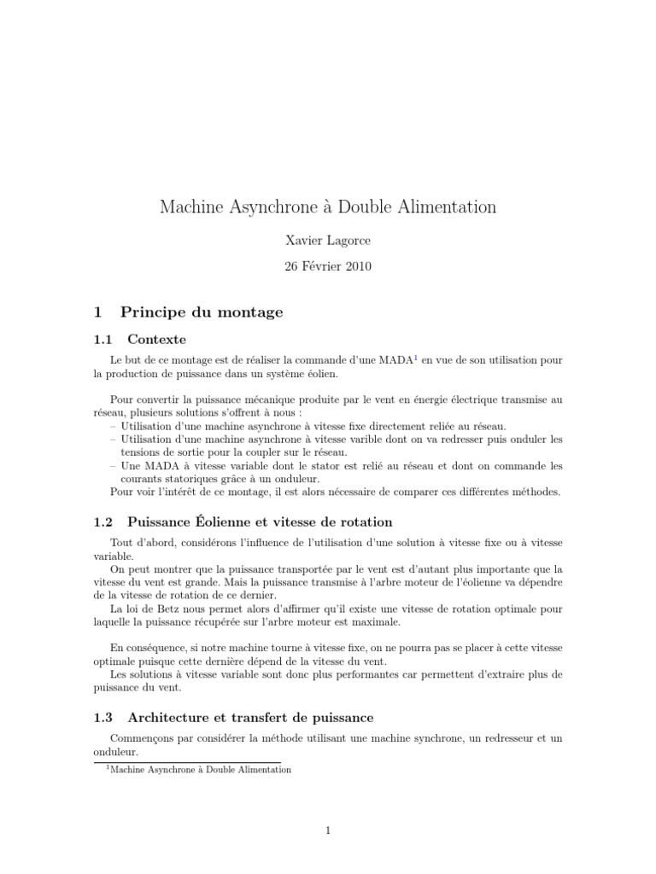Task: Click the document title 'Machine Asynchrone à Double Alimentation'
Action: [328, 207]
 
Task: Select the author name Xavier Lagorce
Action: [327, 242]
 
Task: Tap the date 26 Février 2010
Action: [327, 266]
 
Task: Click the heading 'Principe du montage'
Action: [202, 312]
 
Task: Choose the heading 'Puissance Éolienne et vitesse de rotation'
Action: [260, 521]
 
